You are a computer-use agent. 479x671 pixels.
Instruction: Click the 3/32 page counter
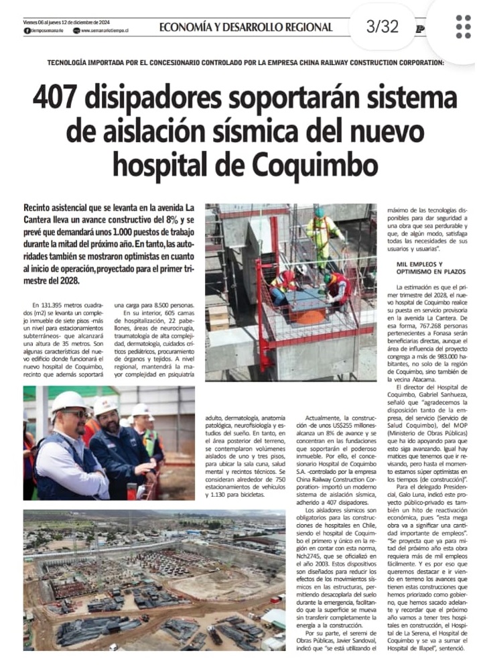pos(382,27)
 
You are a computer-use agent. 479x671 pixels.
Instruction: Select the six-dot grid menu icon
pos(463,27)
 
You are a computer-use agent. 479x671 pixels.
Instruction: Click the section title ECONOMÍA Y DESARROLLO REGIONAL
pos(245,27)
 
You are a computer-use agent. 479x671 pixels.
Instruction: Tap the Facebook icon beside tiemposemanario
pos(27,31)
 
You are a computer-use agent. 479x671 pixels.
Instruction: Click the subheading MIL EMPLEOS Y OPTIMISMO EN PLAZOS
pos(428,268)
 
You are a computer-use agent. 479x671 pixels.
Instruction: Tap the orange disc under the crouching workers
pos(310,315)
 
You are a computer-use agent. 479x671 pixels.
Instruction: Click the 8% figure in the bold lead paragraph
pos(169,220)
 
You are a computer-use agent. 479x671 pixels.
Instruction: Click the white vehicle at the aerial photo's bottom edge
pos(114,647)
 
